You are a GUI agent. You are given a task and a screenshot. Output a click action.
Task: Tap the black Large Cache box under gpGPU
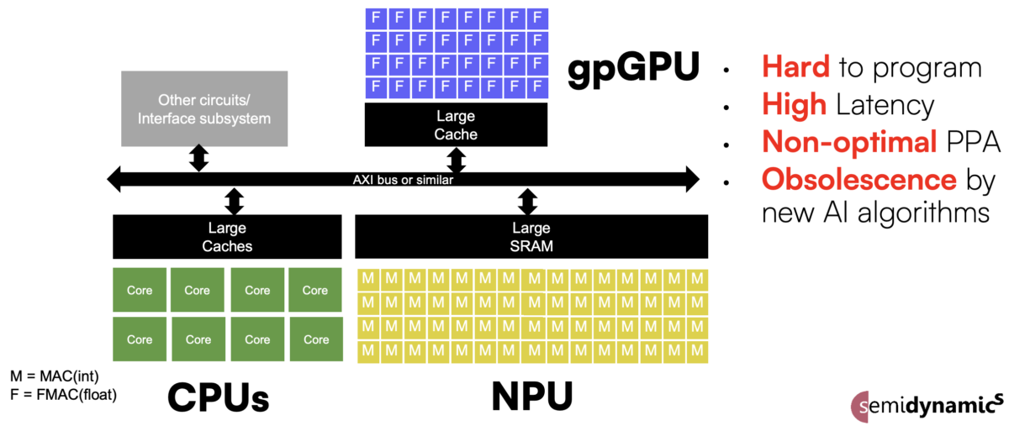[457, 125]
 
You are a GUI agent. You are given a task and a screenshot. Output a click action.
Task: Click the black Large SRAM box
[531, 236]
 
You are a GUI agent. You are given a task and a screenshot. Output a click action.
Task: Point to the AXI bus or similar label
[403, 179]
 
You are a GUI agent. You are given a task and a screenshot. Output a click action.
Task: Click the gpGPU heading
[631, 68]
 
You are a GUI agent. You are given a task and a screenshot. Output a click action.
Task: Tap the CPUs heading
[219, 396]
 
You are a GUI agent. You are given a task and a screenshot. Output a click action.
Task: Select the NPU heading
[531, 396]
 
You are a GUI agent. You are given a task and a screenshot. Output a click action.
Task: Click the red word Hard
[795, 68]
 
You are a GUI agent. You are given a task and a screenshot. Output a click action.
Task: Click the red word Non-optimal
[849, 142]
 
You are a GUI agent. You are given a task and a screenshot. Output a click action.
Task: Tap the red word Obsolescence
[858, 179]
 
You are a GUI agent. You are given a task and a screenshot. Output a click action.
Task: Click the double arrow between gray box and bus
[199, 157]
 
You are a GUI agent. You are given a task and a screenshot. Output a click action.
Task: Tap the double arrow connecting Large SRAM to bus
[528, 202]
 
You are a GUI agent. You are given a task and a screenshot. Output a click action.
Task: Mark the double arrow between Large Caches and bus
[235, 202]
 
